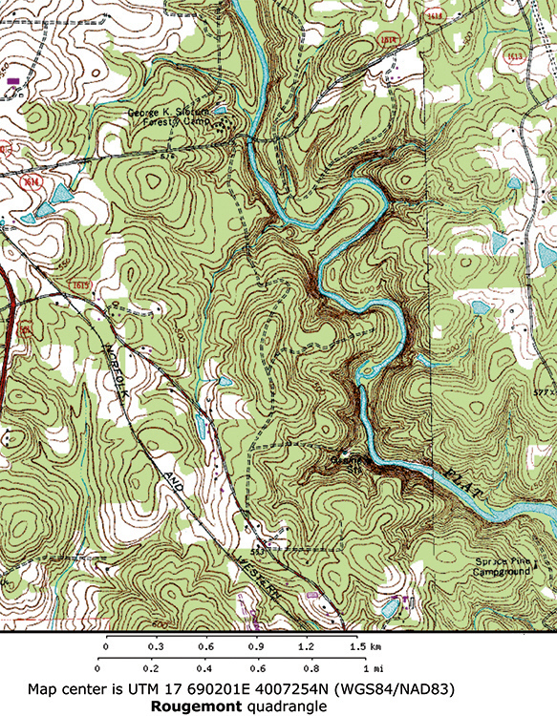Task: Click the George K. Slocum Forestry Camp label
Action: (171, 117)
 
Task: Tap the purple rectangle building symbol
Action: (12, 83)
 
